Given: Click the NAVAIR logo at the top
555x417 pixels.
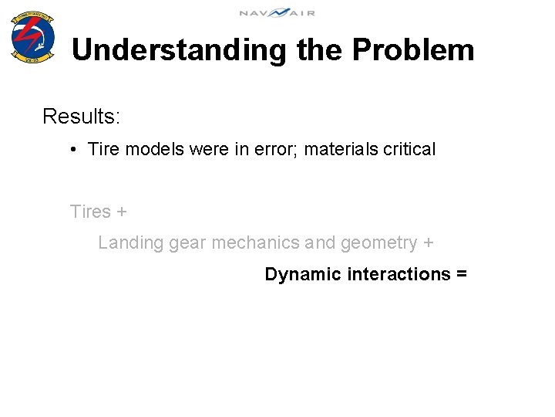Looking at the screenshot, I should click(277, 12).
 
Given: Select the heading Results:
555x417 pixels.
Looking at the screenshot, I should click(81, 117).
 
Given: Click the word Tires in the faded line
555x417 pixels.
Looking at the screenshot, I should click(89, 212).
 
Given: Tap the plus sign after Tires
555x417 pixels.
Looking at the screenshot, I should click(121, 212).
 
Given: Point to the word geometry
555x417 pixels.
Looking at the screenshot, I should click(378, 244).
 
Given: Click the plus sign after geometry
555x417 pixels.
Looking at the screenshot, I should click(428, 244).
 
